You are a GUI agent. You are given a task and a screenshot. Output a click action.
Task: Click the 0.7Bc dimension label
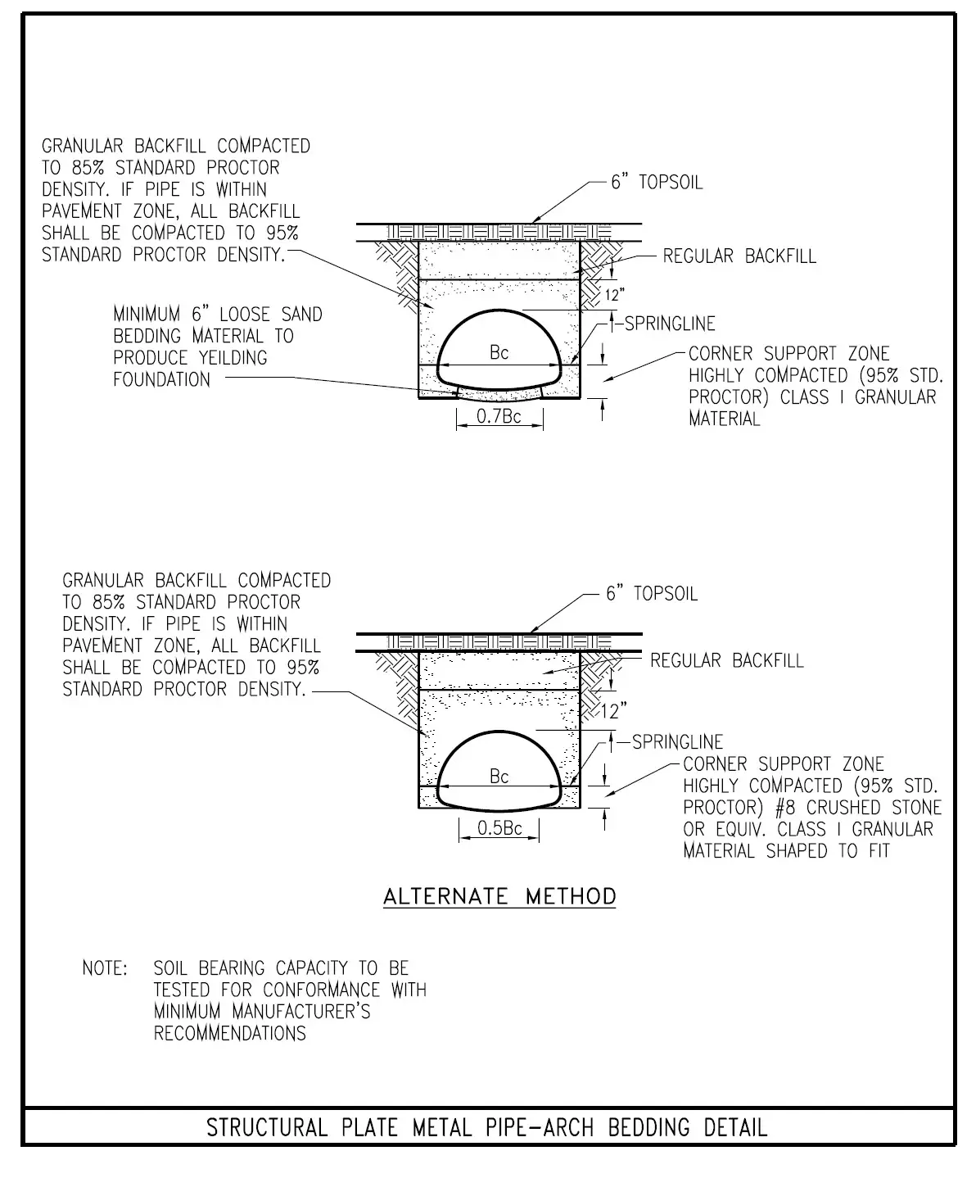click(x=499, y=417)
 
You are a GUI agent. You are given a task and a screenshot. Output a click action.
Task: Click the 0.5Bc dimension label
click(x=499, y=828)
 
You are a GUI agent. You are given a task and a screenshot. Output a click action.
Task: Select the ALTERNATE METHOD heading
click(x=499, y=896)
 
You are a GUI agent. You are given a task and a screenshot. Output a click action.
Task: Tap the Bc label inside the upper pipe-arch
click(x=499, y=352)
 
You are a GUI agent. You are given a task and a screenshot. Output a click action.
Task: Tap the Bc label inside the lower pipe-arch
click(x=499, y=776)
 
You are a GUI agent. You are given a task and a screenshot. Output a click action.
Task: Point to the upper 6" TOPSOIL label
click(x=657, y=182)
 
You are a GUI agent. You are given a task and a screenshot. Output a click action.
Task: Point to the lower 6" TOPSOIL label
click(x=652, y=593)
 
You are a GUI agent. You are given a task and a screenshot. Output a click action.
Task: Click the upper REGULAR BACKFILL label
click(x=739, y=256)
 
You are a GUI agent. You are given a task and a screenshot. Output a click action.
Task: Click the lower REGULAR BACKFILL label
click(x=727, y=660)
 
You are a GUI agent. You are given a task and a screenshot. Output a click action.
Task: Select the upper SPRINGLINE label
click(x=670, y=324)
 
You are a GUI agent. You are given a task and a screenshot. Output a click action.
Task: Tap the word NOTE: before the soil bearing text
click(x=105, y=968)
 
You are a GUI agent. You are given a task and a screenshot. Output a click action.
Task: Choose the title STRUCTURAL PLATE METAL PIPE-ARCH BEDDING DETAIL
click(x=487, y=1127)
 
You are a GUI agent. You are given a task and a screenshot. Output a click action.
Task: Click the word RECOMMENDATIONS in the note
click(x=230, y=1033)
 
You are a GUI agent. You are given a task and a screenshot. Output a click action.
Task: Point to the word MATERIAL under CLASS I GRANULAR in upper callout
click(x=725, y=419)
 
